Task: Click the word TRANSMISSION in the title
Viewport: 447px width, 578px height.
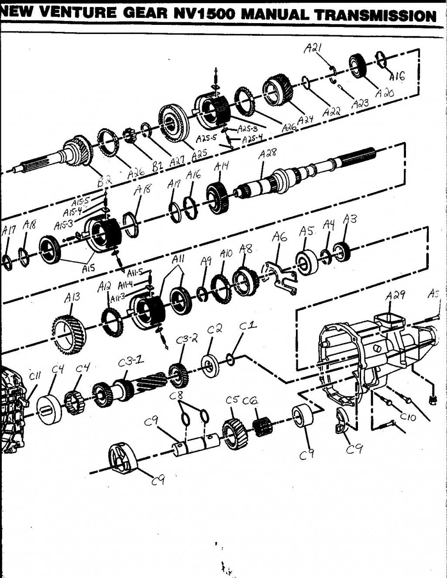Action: (375, 16)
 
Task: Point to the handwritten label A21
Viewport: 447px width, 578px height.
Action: (313, 48)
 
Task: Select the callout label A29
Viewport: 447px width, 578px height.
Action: (395, 296)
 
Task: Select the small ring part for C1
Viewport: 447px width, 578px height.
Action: (231, 360)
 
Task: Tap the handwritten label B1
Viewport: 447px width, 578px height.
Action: (157, 166)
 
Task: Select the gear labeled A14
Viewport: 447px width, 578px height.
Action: (219, 198)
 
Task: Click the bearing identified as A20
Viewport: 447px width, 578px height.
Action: (360, 66)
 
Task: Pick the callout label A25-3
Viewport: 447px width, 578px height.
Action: (248, 129)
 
